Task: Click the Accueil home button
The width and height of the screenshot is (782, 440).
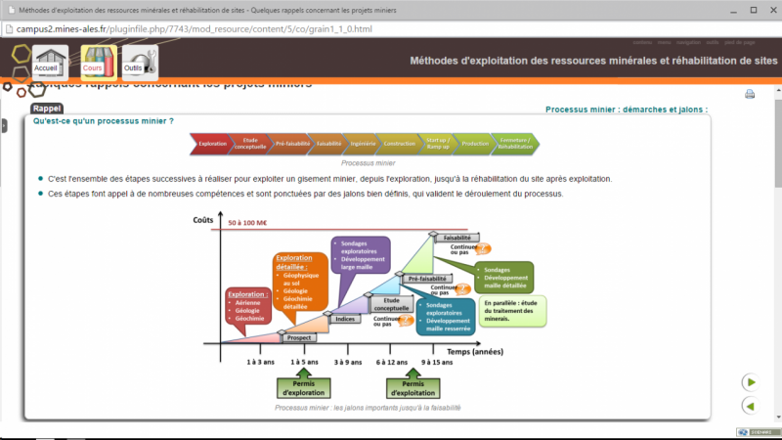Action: (46, 62)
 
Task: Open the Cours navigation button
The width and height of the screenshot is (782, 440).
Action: (93, 62)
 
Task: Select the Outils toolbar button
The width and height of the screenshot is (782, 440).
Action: (135, 62)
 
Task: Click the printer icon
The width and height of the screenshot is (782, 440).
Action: (750, 95)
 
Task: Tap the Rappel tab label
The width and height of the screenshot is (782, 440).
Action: (47, 109)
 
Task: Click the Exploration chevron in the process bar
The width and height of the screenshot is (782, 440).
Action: (211, 144)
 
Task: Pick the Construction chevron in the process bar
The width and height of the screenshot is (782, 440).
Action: (399, 144)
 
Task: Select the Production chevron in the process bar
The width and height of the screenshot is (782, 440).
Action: (475, 144)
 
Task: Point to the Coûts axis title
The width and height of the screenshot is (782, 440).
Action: (203, 220)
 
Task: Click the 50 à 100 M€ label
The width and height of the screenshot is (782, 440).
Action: (248, 223)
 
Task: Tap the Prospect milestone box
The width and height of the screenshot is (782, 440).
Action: (299, 336)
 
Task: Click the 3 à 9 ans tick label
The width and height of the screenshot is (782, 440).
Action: (349, 362)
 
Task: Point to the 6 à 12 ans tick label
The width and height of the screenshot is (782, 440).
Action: (391, 362)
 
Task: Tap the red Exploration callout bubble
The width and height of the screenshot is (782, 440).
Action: (248, 306)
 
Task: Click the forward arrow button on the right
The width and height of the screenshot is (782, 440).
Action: (750, 381)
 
